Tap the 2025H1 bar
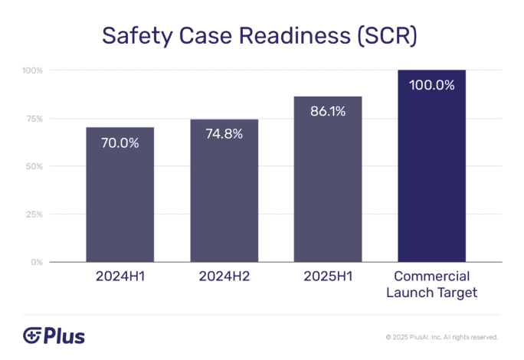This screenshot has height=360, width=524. pos(328,191)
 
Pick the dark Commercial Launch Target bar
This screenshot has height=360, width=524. pos(431,176)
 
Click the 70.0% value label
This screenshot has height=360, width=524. pos(120,142)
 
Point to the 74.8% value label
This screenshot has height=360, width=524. pos(224,134)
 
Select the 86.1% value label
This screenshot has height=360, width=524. pos(328,112)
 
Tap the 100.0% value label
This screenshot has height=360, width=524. pos(431,85)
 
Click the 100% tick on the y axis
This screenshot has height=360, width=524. pos(31,70)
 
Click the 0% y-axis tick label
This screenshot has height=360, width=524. pos(36,263)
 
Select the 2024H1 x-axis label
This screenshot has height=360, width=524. pos(120,277)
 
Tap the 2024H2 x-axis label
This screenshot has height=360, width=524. pos(224,277)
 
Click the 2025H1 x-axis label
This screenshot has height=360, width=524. pos(328,277)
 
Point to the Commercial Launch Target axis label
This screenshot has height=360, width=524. pos(431,284)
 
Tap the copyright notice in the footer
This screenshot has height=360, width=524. pos(441,336)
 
